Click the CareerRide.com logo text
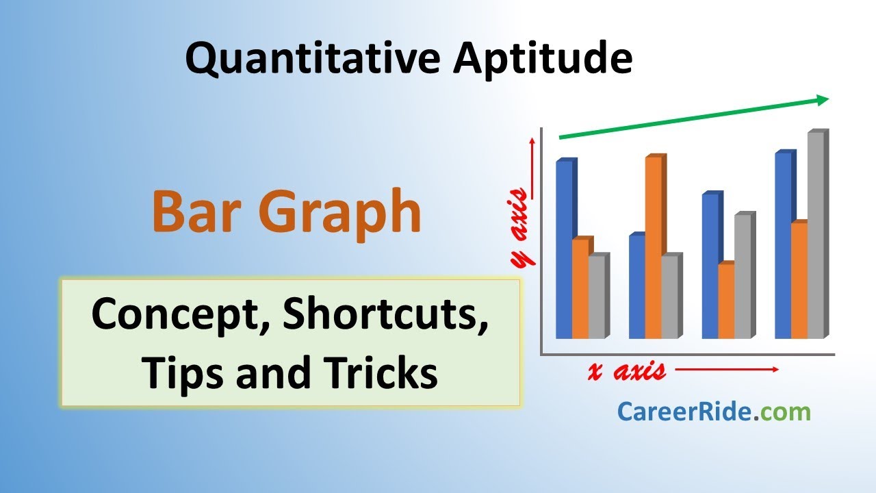714,412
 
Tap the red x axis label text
626,371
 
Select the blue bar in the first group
564,250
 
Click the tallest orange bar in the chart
653,246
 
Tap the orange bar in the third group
725,301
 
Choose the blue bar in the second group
636,288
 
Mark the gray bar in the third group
743,277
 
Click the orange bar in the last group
799,281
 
